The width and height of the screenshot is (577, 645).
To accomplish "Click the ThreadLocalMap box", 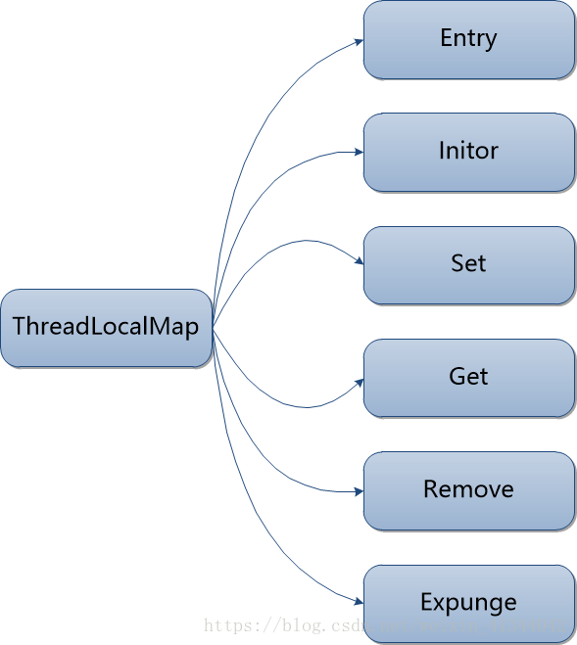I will [x=106, y=329].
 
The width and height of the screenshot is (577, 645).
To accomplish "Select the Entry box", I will [x=468, y=40].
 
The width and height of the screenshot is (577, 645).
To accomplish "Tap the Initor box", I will [x=468, y=153].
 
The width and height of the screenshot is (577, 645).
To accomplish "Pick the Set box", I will [x=468, y=265].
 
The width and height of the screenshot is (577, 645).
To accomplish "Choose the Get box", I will [x=468, y=378].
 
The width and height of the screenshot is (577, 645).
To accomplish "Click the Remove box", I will [x=468, y=490].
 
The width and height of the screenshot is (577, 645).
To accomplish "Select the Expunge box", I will [x=468, y=603].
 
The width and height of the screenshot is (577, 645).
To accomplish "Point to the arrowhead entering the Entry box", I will [x=358, y=40].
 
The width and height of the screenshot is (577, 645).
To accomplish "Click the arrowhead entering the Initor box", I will [x=358, y=153].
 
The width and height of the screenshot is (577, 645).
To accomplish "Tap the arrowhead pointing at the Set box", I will [x=358, y=263].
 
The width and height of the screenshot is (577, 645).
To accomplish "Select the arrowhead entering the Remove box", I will [x=358, y=490].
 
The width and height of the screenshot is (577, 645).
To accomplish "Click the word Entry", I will [x=468, y=38].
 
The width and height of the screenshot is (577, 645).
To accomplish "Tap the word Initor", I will [x=468, y=151].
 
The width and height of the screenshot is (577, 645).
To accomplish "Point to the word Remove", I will [x=468, y=488].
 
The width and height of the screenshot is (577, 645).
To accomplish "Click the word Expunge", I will [x=468, y=602].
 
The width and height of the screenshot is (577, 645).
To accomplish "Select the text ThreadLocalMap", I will [x=106, y=327].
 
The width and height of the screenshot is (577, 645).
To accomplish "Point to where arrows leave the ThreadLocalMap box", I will [x=213, y=329].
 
